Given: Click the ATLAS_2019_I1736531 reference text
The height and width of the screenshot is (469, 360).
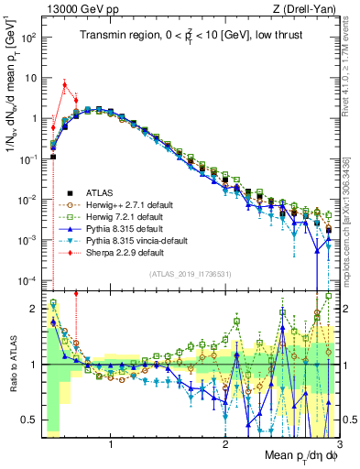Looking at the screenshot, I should pos(190,273).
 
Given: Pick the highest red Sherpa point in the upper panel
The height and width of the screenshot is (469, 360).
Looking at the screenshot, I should pos(64,84).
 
